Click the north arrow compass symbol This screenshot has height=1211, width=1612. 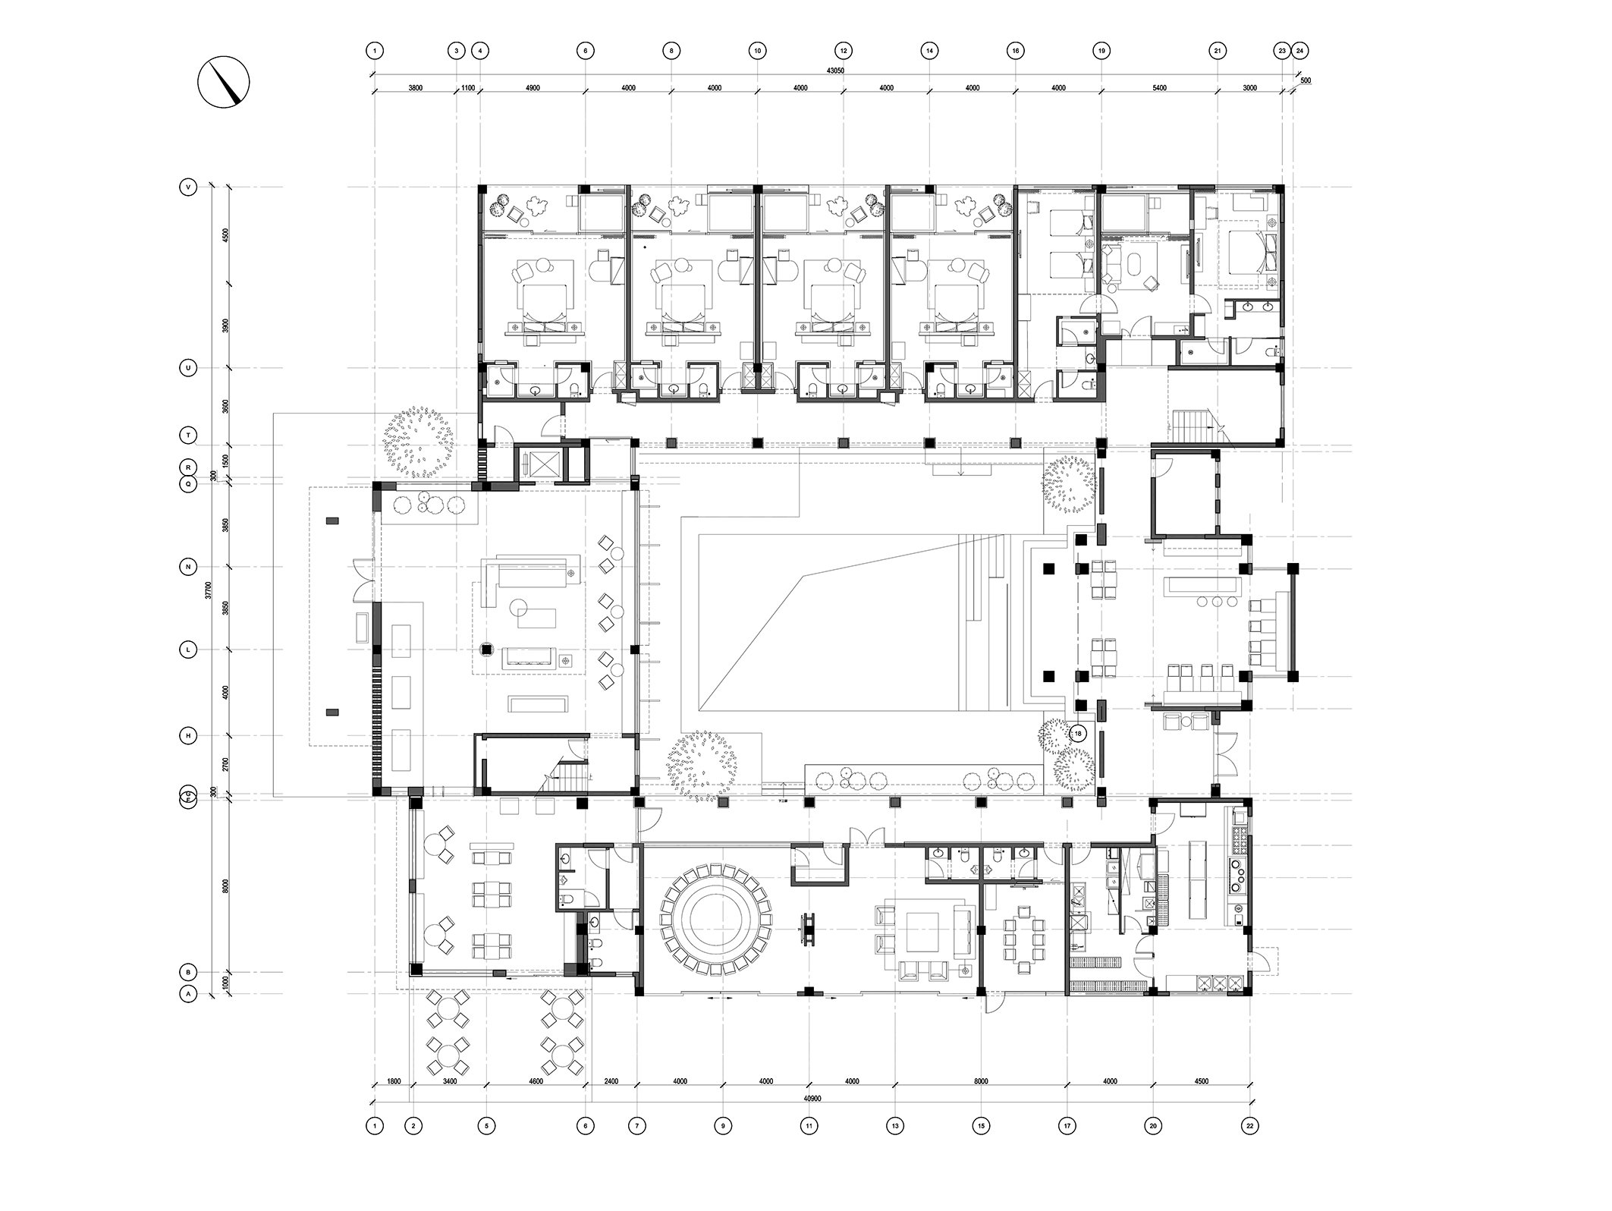pos(224,81)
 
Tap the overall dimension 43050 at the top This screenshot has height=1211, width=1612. pos(834,71)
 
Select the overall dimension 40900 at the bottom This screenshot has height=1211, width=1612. pos(811,1098)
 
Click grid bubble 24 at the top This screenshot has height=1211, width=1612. pos(1299,51)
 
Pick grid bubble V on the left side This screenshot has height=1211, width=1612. pos(187,187)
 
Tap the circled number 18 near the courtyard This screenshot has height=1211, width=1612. pos(1077,734)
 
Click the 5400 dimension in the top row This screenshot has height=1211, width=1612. pos(1158,88)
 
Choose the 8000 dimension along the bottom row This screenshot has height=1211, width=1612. pos(981,1081)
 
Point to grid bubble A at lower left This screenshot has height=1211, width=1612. pos(187,993)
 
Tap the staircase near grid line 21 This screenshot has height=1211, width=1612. pos(1195,422)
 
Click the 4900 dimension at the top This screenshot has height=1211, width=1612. pos(533,88)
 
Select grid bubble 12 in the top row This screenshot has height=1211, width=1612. pos(843,51)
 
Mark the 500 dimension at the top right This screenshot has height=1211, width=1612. pos(1305,80)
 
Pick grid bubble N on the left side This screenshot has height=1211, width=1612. pos(187,566)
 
